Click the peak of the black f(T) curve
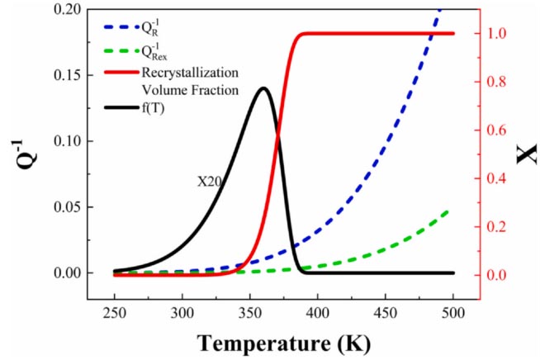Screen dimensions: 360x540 (263, 88)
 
